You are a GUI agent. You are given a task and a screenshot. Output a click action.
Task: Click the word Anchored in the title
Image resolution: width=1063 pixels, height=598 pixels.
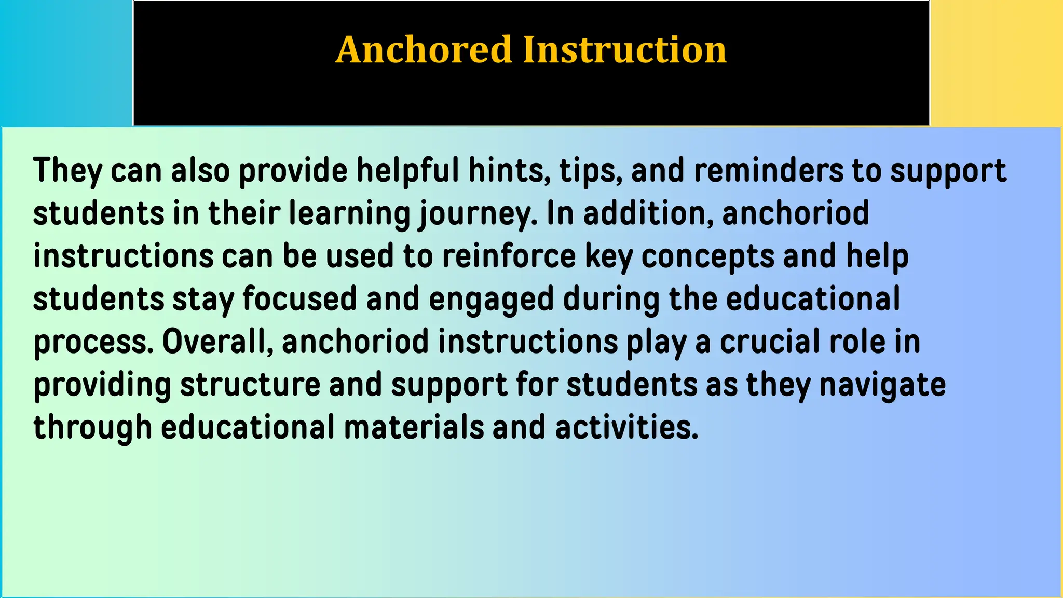pos(424,50)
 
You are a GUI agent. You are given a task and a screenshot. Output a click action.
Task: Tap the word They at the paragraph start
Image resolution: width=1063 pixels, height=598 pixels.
pos(67,171)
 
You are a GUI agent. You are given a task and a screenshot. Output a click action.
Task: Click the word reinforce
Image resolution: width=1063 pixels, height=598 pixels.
pos(509,256)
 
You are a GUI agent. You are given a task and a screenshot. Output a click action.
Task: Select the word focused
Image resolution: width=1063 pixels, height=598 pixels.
pos(299,299)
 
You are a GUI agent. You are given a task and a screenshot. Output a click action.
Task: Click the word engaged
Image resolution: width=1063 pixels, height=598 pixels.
pos(491,300)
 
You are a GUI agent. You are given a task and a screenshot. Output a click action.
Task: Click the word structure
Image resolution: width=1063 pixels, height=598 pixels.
pos(250,385)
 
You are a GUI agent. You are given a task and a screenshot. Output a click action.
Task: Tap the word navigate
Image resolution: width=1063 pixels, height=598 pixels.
pos(882,385)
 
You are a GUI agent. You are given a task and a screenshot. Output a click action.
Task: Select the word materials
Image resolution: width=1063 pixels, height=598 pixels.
pos(413,427)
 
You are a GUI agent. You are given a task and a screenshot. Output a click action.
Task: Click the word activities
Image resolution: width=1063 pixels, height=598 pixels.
pos(626,427)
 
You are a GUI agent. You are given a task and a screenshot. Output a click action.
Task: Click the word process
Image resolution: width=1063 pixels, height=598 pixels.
pos(93,343)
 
